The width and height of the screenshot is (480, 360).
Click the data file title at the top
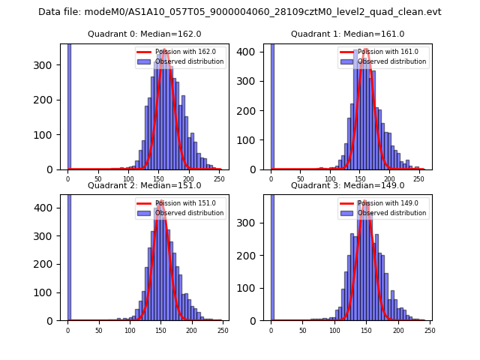coord(240,12)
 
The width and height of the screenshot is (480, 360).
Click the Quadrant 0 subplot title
coord(144,34)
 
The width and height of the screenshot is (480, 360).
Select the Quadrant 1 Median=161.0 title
coord(347,34)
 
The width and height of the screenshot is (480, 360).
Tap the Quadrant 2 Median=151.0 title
coord(144,185)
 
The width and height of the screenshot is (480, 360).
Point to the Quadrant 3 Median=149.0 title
coord(347,185)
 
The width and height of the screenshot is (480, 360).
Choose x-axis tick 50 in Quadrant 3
coord(302,330)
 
